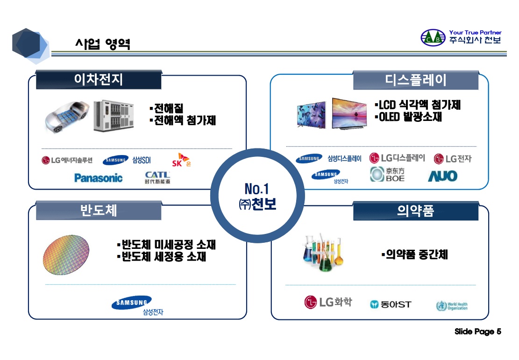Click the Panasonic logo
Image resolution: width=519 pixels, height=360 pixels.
pos(98,178)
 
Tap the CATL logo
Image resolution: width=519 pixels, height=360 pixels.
pos(157,178)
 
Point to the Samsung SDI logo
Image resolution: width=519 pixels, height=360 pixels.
pos(127,160)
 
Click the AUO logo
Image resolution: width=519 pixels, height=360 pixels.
pos(442,176)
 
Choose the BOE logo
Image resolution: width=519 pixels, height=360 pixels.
pos(387,175)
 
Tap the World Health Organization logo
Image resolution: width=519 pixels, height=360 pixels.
pos(451,306)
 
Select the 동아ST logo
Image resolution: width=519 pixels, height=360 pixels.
pos(391,304)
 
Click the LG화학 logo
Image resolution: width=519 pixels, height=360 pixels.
pos(328,303)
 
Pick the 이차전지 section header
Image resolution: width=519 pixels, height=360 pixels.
pos(99,80)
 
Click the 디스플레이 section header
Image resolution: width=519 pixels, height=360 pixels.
pos(415,80)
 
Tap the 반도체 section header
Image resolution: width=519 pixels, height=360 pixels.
pos(99,211)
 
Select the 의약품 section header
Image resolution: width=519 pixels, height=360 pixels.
pos(415,211)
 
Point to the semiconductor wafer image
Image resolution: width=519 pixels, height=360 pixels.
pos(66,255)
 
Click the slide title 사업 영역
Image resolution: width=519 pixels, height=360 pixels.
pos(103,44)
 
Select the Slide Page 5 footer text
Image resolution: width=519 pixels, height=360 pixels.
pos(477,332)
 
